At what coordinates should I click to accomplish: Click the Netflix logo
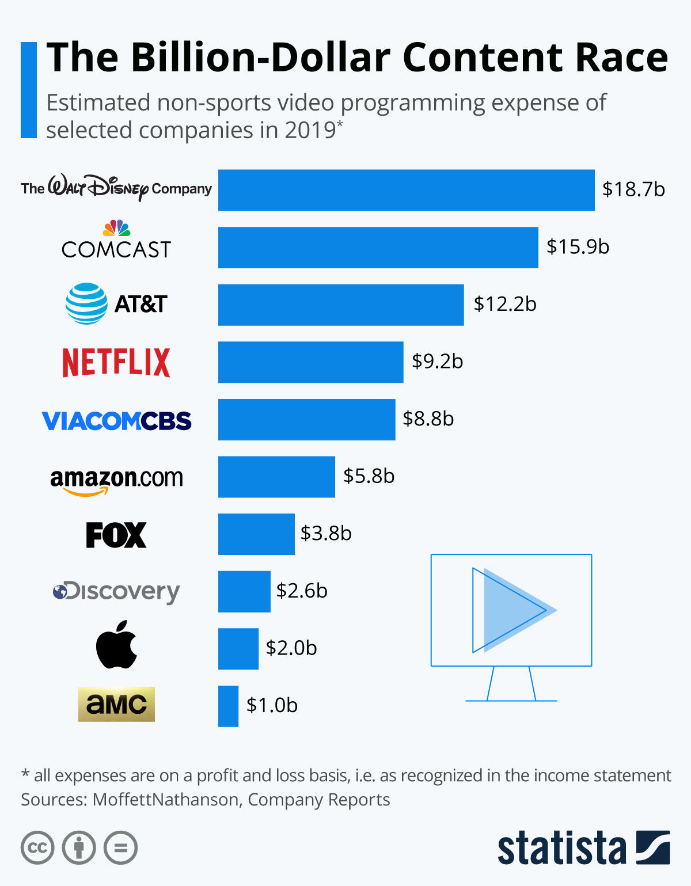point(116,362)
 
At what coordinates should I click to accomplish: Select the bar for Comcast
point(378,248)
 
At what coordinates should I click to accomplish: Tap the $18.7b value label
point(633,189)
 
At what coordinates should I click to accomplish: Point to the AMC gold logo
point(116,704)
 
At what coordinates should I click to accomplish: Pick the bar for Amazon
point(276,477)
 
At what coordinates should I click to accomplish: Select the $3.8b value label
point(326,534)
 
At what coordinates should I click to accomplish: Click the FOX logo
point(116,535)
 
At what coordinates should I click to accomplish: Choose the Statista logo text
point(561,848)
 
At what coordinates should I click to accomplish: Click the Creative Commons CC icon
point(37,848)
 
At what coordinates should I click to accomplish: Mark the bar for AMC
point(228,706)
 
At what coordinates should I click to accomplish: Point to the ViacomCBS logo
point(116,421)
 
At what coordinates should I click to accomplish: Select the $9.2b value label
point(437,362)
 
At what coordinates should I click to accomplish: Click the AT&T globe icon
point(86,303)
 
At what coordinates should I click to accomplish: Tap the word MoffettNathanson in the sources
point(165,800)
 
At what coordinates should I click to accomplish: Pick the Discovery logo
point(116,591)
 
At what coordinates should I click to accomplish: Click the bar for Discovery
point(244,592)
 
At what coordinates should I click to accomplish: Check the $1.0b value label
point(272,706)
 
